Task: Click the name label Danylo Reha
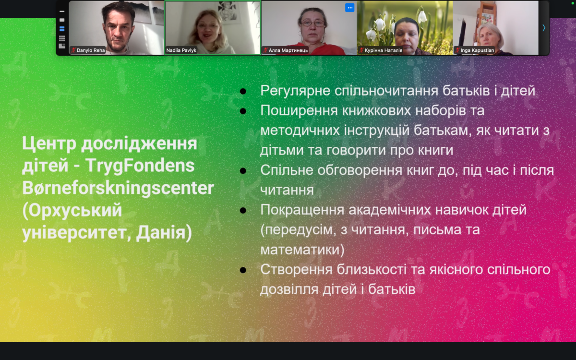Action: click(x=88, y=50)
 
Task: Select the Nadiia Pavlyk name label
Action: click(x=181, y=50)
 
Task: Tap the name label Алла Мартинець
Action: click(x=285, y=50)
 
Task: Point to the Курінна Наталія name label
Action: click(x=381, y=50)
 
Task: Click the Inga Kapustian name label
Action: click(x=474, y=50)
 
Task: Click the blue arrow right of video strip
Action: click(x=544, y=28)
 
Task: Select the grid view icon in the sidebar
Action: click(x=62, y=38)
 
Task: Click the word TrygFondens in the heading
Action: click(x=140, y=166)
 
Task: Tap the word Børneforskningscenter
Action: click(x=118, y=189)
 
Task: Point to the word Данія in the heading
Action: click(x=164, y=233)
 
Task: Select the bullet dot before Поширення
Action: click(x=243, y=111)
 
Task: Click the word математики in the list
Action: click(x=302, y=250)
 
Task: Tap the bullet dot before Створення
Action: click(x=243, y=270)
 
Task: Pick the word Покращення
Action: click(x=302, y=210)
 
